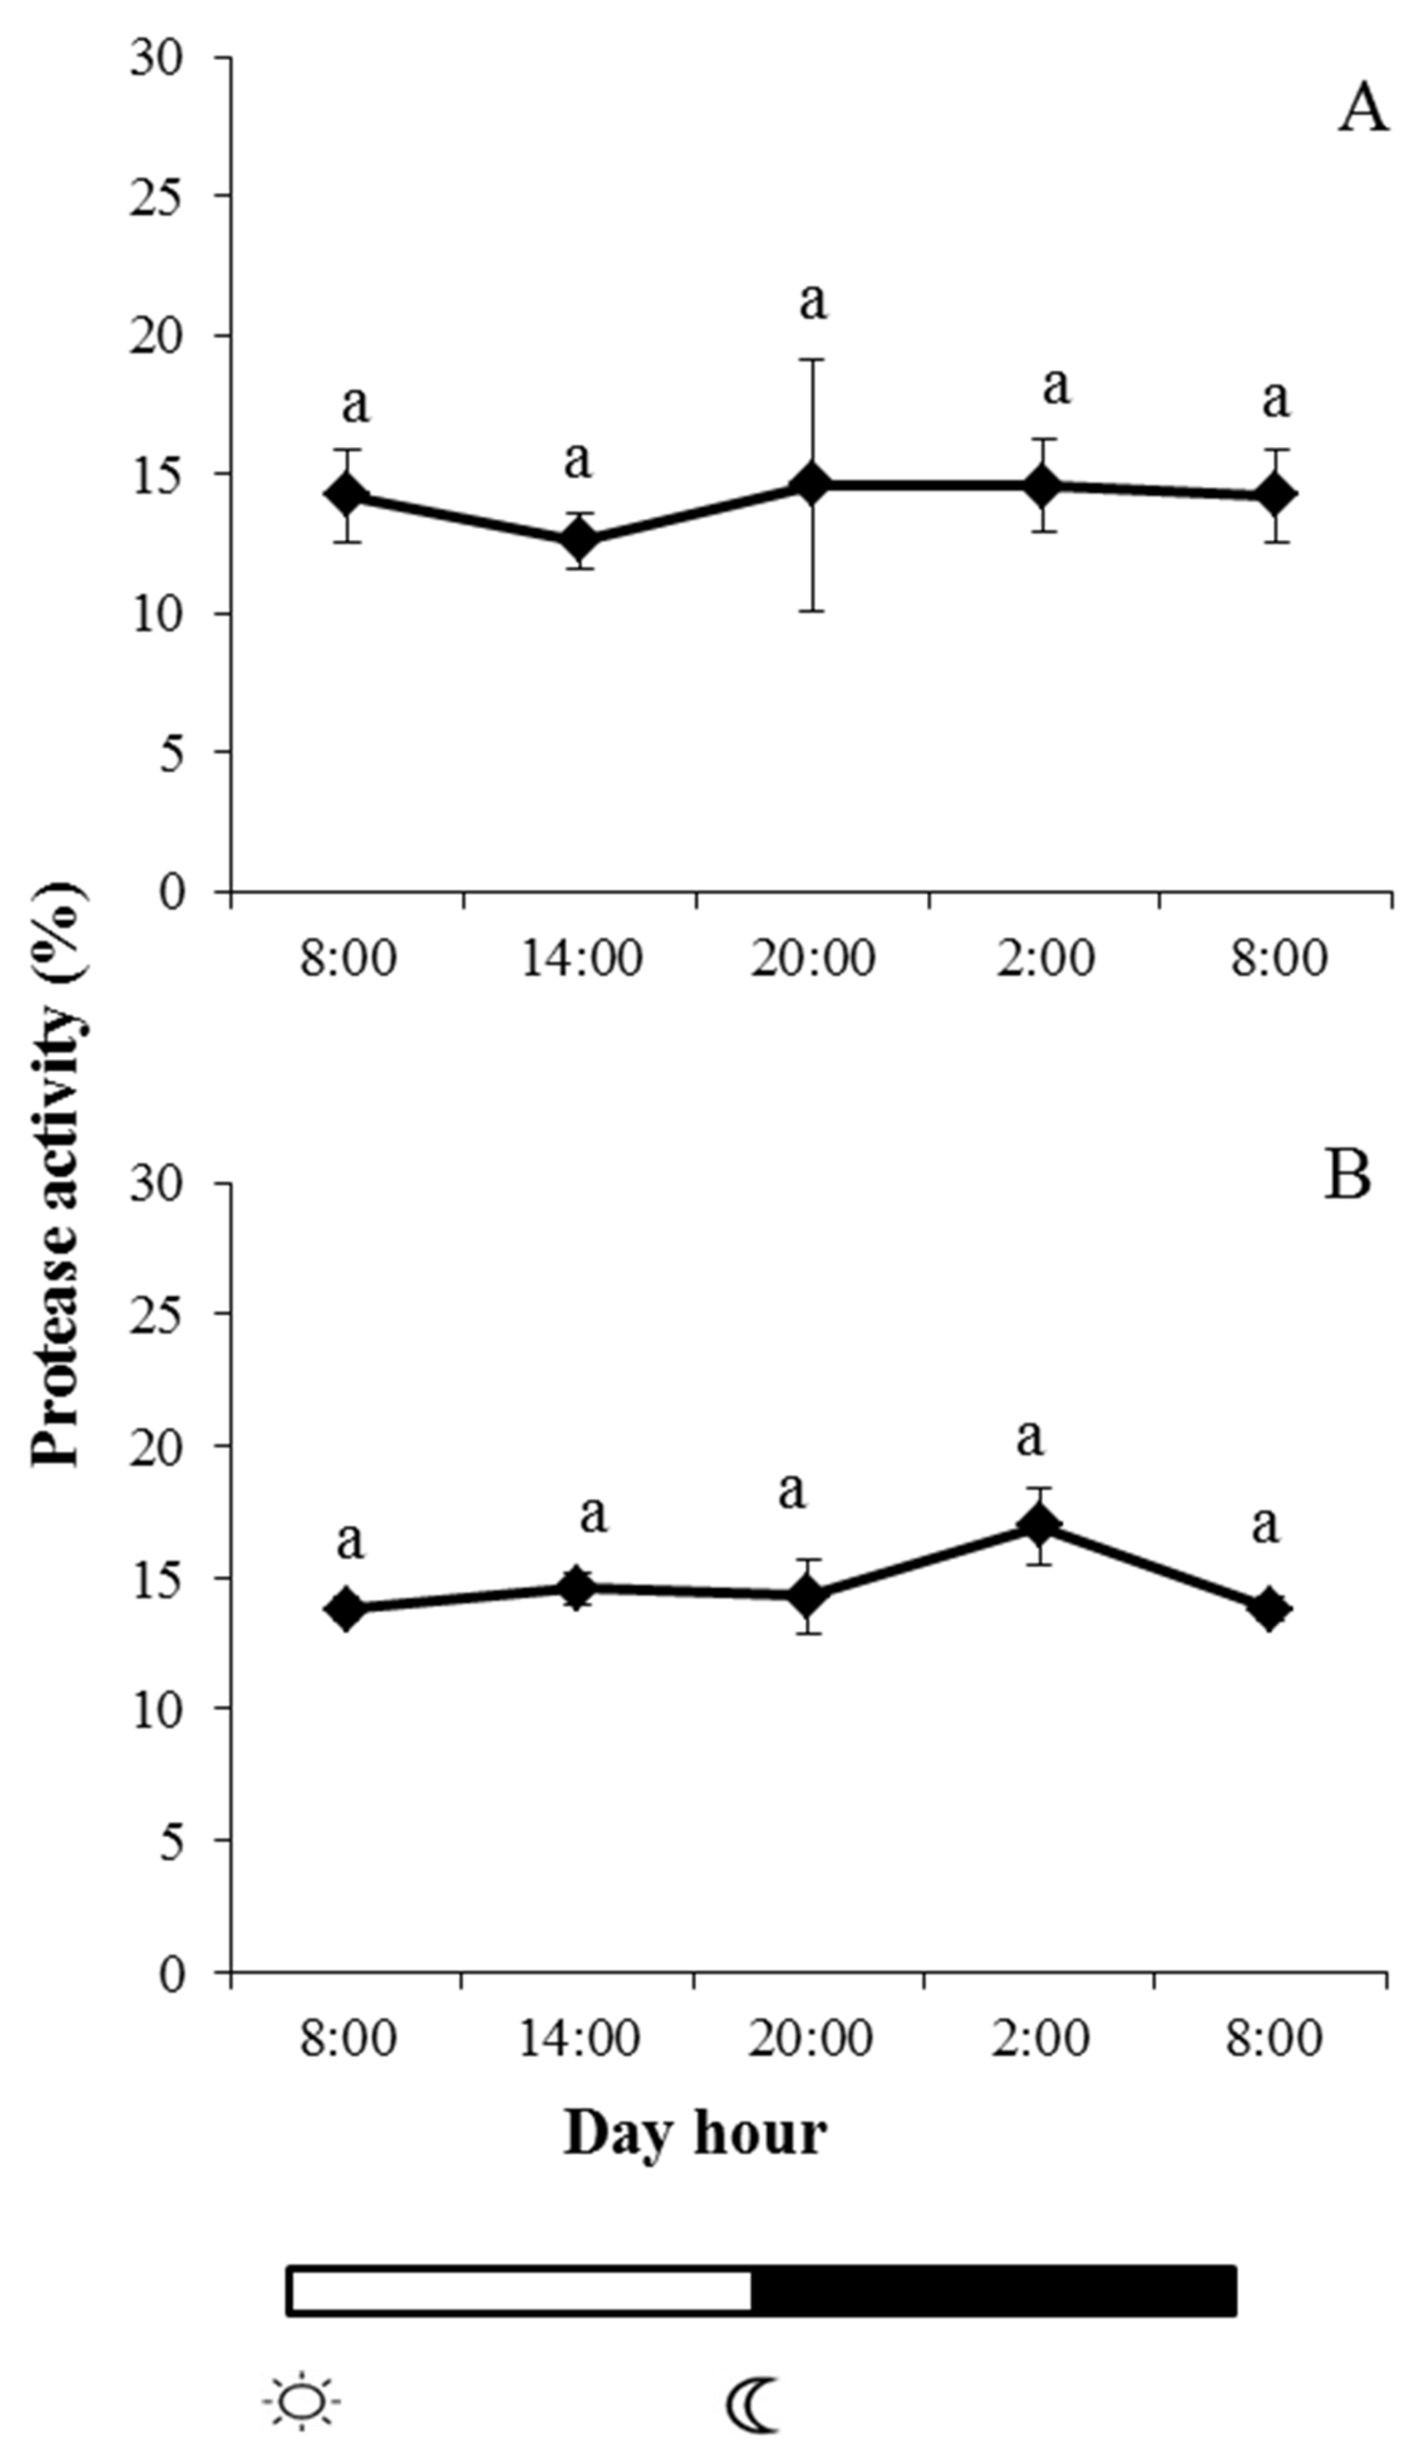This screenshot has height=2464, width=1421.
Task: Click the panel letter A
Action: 1362,110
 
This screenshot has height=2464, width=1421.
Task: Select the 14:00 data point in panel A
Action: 580,538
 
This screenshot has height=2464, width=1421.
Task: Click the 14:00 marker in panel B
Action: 578,1588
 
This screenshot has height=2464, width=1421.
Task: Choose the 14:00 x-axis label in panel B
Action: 580,2038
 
